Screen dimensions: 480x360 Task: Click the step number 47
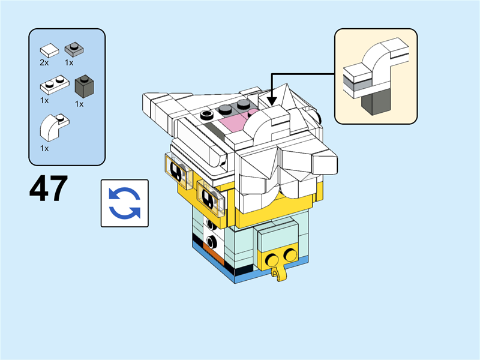(x=49, y=188)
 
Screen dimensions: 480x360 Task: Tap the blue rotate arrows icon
(x=125, y=203)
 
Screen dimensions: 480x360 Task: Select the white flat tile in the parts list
(x=49, y=50)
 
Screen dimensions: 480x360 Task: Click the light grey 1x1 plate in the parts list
(x=74, y=49)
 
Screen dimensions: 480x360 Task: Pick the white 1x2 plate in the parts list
(x=55, y=85)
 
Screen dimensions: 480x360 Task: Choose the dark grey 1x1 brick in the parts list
(x=84, y=86)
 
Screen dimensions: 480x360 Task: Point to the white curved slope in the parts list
(x=54, y=127)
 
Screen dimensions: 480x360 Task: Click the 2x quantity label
(x=44, y=63)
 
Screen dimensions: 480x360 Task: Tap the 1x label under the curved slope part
(x=44, y=148)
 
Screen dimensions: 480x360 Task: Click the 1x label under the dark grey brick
(x=79, y=104)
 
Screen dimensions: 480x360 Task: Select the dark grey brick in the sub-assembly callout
(x=376, y=103)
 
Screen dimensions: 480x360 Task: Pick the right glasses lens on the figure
(x=211, y=197)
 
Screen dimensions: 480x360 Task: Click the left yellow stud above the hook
(x=272, y=260)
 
